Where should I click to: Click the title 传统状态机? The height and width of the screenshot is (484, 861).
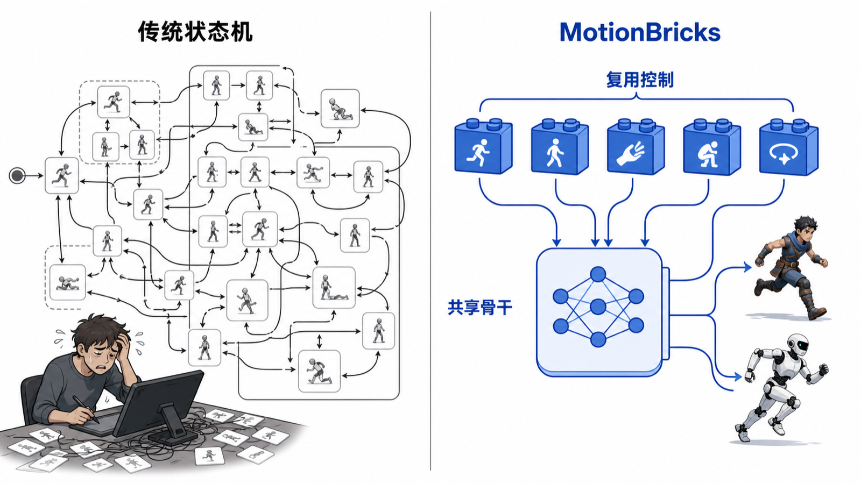(195, 32)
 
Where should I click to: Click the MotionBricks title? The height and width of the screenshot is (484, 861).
(640, 32)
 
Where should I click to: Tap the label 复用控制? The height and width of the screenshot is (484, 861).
(640, 80)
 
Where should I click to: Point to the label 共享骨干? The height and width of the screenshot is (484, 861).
(480, 308)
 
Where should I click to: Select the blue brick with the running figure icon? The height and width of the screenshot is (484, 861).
(483, 147)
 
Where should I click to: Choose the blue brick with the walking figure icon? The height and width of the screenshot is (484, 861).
(560, 147)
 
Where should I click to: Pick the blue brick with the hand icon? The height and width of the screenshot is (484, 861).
(636, 147)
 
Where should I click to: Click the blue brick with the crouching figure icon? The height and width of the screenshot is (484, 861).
(712, 147)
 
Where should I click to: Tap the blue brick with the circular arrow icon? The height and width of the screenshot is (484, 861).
(789, 147)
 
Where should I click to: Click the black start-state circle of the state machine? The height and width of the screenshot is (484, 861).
(17, 175)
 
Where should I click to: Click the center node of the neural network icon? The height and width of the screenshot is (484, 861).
(598, 307)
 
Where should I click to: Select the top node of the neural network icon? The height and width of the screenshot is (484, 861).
(598, 274)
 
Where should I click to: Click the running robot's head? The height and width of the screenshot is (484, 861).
(798, 344)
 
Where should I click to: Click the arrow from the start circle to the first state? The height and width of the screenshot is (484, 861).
(34, 175)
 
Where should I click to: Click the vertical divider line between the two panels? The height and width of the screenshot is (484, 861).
(430, 241)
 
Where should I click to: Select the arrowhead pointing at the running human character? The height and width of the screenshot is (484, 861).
(747, 267)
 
